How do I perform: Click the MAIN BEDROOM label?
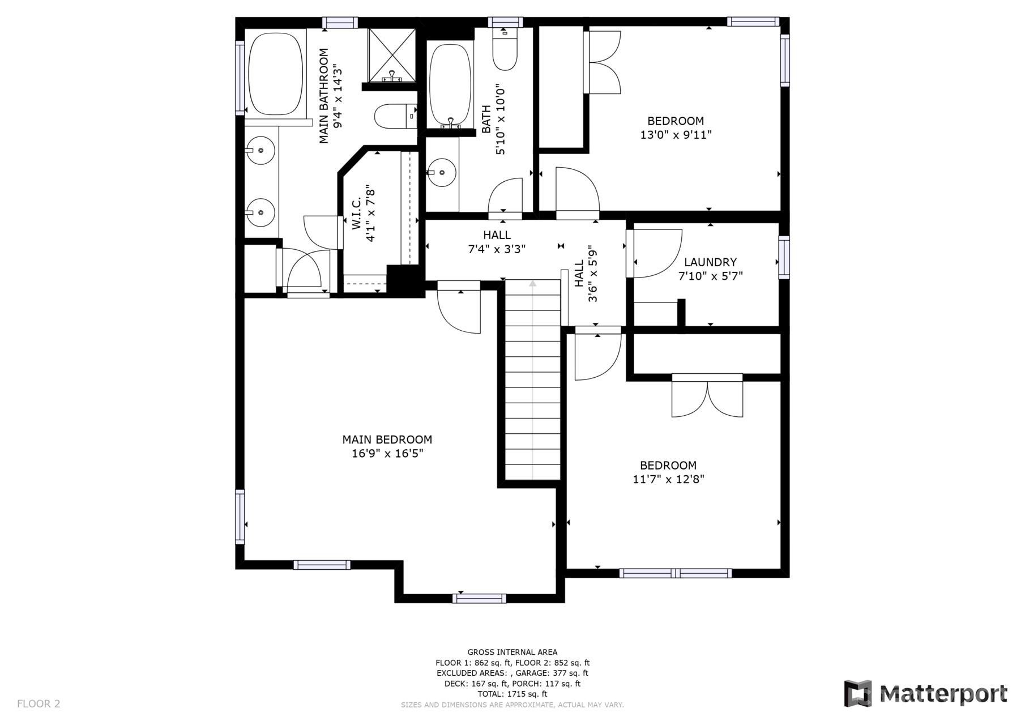point(387,440)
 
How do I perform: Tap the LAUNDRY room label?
point(710,262)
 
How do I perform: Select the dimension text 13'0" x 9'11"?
point(676,135)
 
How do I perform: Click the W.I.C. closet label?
point(357,214)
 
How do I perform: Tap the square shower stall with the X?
point(392,55)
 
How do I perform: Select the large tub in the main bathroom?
point(275,74)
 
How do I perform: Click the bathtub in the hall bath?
point(450,85)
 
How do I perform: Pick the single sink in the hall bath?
point(442,173)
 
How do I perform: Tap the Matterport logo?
point(925,693)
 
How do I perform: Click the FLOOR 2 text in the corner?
point(39,704)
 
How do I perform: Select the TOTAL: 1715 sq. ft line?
point(512,694)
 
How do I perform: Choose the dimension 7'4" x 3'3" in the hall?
point(497,249)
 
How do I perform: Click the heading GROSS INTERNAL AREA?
point(512,652)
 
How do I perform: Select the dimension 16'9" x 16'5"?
point(387,454)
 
